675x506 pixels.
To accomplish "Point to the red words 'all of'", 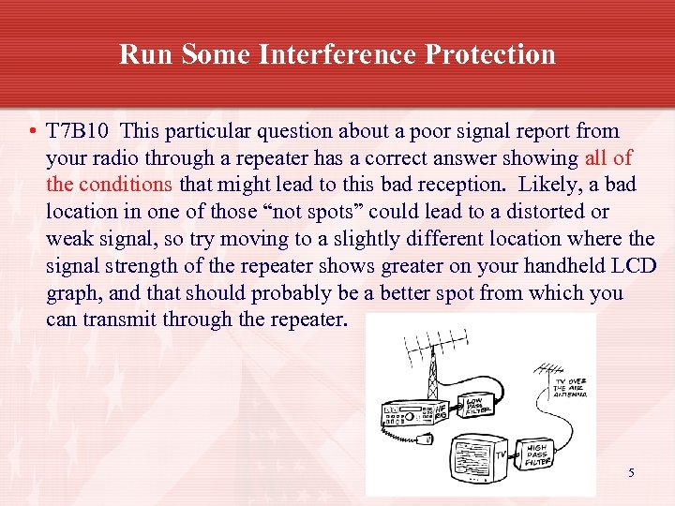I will click(x=607, y=158).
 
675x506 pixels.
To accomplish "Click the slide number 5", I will click(x=631, y=473).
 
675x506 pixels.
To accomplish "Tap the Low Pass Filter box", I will click(x=475, y=405).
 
